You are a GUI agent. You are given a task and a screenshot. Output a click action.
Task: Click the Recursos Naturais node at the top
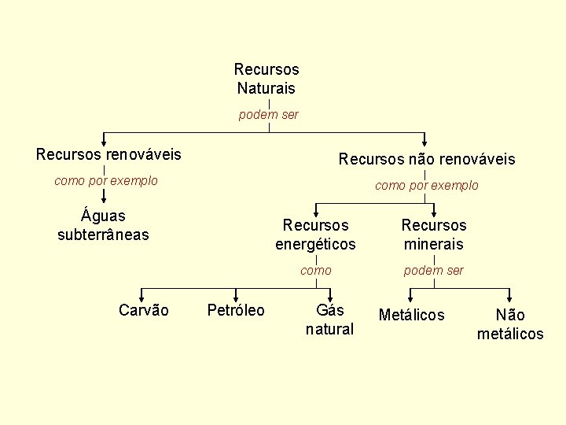tap(266, 79)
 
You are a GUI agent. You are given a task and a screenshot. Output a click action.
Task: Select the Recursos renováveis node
tap(108, 154)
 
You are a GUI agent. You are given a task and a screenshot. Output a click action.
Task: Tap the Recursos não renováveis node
tap(427, 159)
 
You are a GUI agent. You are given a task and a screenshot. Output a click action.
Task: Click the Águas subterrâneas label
tap(103, 224)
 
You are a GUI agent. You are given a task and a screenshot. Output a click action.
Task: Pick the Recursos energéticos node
tap(315, 235)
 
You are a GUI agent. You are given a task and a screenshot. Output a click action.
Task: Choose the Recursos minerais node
tap(434, 235)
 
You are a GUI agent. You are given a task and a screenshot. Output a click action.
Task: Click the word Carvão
tap(144, 310)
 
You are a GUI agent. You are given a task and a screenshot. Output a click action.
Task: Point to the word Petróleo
tap(236, 310)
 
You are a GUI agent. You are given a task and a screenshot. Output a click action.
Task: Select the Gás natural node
tap(329, 320)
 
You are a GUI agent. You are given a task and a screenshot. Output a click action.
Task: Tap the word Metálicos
tap(411, 315)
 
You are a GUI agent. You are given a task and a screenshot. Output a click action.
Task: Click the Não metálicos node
tap(510, 324)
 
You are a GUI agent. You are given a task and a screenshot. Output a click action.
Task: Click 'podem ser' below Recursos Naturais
tap(269, 115)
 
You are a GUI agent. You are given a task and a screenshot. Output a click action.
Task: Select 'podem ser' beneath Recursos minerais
tap(434, 271)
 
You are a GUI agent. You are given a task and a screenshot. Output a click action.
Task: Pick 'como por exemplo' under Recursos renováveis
tap(106, 181)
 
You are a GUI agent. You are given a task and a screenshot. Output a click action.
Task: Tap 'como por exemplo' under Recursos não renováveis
tap(427, 186)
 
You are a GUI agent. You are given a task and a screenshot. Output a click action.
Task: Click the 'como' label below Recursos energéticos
tap(316, 271)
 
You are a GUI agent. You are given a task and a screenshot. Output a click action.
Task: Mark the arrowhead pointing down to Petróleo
tap(236, 296)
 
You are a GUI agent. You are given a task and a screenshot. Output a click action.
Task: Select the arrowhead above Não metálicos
tap(510, 296)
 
